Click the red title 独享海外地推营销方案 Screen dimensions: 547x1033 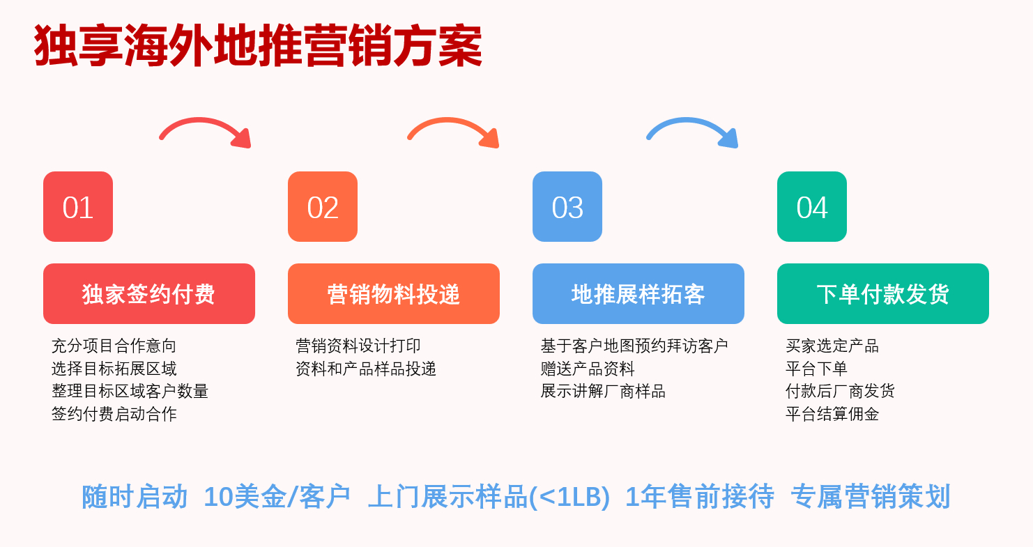(x=258, y=47)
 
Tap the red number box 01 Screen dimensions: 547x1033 (x=78, y=207)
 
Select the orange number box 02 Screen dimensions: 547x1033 (x=323, y=207)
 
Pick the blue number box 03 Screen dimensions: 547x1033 (x=567, y=207)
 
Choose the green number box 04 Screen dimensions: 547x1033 (x=812, y=207)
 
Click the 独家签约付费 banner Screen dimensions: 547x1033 (x=149, y=294)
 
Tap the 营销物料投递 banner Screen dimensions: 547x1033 (x=394, y=294)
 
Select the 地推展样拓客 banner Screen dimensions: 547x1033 (x=638, y=294)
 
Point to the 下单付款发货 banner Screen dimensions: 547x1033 (x=883, y=294)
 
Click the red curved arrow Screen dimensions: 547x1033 (x=206, y=130)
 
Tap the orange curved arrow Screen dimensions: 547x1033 (x=454, y=130)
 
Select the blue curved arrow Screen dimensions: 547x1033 (x=693, y=130)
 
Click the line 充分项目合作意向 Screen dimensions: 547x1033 (x=114, y=346)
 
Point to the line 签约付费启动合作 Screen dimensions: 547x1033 (x=114, y=414)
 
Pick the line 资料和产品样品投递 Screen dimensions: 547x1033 (x=366, y=369)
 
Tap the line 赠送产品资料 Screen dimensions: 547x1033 (x=588, y=369)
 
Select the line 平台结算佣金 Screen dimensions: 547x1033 (x=832, y=414)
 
